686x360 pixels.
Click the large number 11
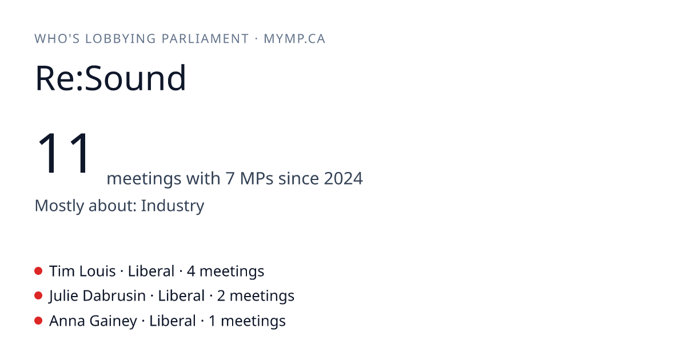click(63, 153)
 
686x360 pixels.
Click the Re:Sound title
click(110, 78)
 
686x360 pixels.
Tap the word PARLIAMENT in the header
click(205, 39)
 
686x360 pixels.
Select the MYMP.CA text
click(294, 39)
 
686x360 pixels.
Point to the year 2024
click(344, 178)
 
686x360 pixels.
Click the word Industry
click(173, 206)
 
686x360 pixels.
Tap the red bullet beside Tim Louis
click(38, 271)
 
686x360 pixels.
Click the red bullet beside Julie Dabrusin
click(38, 296)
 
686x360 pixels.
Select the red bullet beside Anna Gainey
click(38, 321)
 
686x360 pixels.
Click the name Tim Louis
click(82, 271)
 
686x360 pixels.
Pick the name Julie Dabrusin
click(97, 296)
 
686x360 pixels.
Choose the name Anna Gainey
click(93, 321)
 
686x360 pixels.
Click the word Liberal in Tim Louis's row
click(151, 271)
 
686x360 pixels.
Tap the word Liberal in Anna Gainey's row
click(173, 321)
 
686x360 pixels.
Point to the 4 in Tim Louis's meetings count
click(191, 271)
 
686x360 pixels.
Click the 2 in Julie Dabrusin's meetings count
click(221, 297)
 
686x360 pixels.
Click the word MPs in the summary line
click(256, 178)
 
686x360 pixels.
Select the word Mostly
click(59, 206)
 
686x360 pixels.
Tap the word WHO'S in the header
click(57, 39)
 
